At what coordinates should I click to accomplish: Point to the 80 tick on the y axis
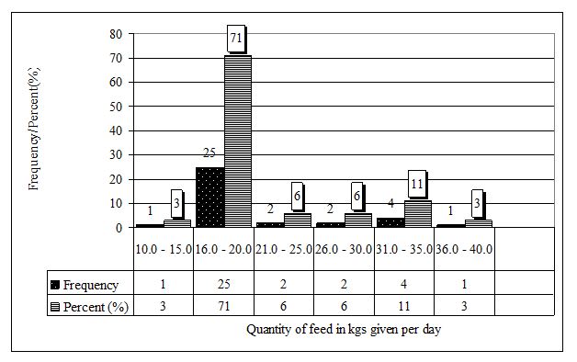116,35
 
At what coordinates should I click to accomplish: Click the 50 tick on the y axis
116,107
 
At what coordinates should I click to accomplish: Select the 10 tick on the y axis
116,203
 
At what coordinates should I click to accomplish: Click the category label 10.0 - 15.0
164,249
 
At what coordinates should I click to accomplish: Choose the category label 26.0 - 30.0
343,249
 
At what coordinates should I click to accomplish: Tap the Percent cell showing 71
223,304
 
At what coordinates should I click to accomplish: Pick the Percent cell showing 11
403,304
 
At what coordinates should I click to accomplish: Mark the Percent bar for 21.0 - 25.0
297,220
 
